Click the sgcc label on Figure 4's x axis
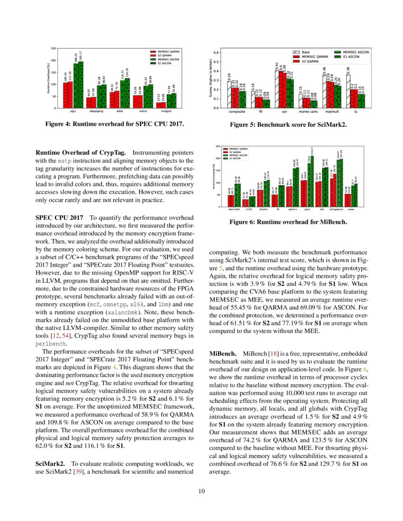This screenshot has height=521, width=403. coord(73,113)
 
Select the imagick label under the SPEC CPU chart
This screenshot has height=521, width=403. coord(165,113)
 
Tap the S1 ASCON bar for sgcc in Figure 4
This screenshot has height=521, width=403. coord(81,85)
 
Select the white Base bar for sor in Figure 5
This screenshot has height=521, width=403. coord(277,89)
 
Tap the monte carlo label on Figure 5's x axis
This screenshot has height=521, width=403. coord(309,113)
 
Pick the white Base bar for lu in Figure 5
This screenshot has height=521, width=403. coord(348,91)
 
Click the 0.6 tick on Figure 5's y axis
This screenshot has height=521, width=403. coord(216,53)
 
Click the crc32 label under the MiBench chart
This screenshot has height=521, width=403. coord(248,209)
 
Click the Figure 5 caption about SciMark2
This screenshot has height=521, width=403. coord(288,125)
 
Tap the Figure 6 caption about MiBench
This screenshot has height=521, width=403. coord(288,221)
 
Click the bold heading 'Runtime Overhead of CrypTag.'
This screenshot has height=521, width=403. coord(81,153)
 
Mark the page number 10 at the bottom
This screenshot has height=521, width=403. coord(201,491)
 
